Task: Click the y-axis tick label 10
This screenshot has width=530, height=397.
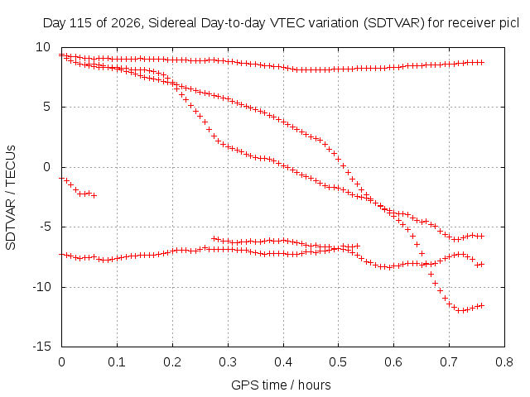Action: click(x=43, y=47)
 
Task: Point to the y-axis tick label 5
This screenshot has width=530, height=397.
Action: click(x=46, y=107)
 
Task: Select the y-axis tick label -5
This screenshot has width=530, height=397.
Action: click(x=45, y=227)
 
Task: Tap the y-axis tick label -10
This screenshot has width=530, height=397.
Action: click(x=41, y=287)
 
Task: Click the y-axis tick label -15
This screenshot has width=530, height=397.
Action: click(x=41, y=347)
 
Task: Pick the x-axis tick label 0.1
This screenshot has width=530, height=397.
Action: click(x=117, y=362)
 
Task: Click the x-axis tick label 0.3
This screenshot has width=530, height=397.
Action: click(x=228, y=362)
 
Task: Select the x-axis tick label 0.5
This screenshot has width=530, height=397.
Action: click(x=339, y=362)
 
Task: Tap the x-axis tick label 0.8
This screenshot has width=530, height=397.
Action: click(x=504, y=362)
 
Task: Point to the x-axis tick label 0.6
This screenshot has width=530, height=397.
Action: click(x=394, y=362)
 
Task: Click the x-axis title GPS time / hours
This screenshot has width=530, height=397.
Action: click(x=281, y=385)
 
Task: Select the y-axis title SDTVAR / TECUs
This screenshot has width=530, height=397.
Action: click(x=11, y=198)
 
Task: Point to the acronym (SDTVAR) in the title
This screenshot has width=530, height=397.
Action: click(x=394, y=23)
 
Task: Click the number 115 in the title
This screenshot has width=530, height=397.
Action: click(x=80, y=23)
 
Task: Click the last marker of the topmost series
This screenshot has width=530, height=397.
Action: click(x=482, y=63)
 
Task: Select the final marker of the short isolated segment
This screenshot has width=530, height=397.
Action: click(x=94, y=195)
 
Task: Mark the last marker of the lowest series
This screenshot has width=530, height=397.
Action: click(x=482, y=305)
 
